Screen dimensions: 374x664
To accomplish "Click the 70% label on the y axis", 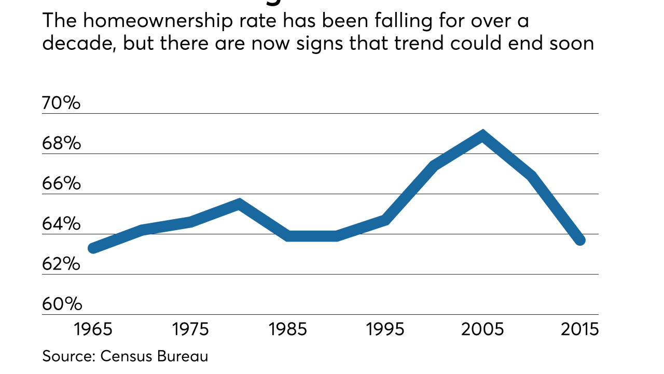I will [61, 103].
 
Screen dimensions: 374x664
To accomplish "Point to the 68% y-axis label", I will [61, 143].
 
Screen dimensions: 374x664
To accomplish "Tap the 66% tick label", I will [61, 183].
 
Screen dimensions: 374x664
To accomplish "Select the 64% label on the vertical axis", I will [61, 224].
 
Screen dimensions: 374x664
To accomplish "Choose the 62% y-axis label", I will [61, 264].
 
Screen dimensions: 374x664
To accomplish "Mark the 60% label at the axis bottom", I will [61, 304].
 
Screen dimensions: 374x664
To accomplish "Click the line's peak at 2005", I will [483, 136].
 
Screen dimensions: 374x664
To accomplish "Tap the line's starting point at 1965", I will [93, 248].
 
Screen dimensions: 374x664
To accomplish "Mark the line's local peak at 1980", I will [239, 203].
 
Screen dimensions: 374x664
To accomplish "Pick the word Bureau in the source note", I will [187, 356].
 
